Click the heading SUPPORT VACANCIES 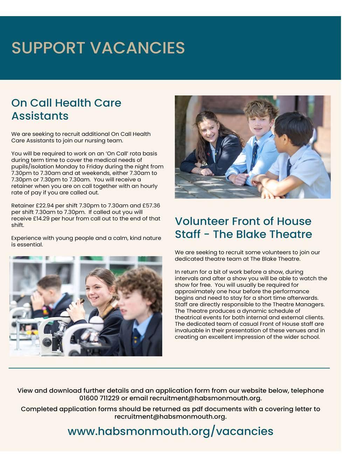click(x=98, y=48)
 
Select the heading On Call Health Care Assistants click(x=66, y=109)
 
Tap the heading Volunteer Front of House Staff click(x=243, y=227)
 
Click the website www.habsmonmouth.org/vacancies click(x=170, y=431)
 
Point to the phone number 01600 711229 click(x=99, y=398)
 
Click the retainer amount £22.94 click(x=45, y=206)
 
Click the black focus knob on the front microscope click(x=47, y=342)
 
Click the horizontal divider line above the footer click(x=169, y=368)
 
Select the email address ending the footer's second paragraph click(x=170, y=416)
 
